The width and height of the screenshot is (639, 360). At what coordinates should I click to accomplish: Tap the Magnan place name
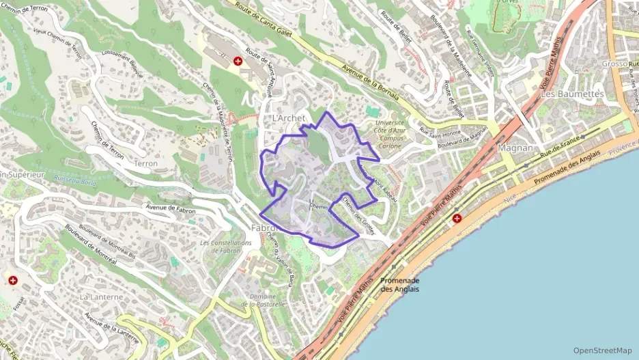click(x=516, y=148)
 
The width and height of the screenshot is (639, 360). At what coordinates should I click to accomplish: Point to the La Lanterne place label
click(x=101, y=297)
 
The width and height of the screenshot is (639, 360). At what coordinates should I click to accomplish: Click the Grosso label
click(x=614, y=64)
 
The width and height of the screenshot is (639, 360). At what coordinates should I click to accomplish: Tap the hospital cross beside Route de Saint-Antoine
click(x=238, y=61)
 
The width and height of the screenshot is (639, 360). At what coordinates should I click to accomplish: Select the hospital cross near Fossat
click(x=12, y=280)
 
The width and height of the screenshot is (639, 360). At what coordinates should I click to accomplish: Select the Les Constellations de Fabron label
click(x=226, y=247)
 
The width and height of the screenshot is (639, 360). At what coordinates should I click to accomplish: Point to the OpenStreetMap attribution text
click(x=602, y=350)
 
